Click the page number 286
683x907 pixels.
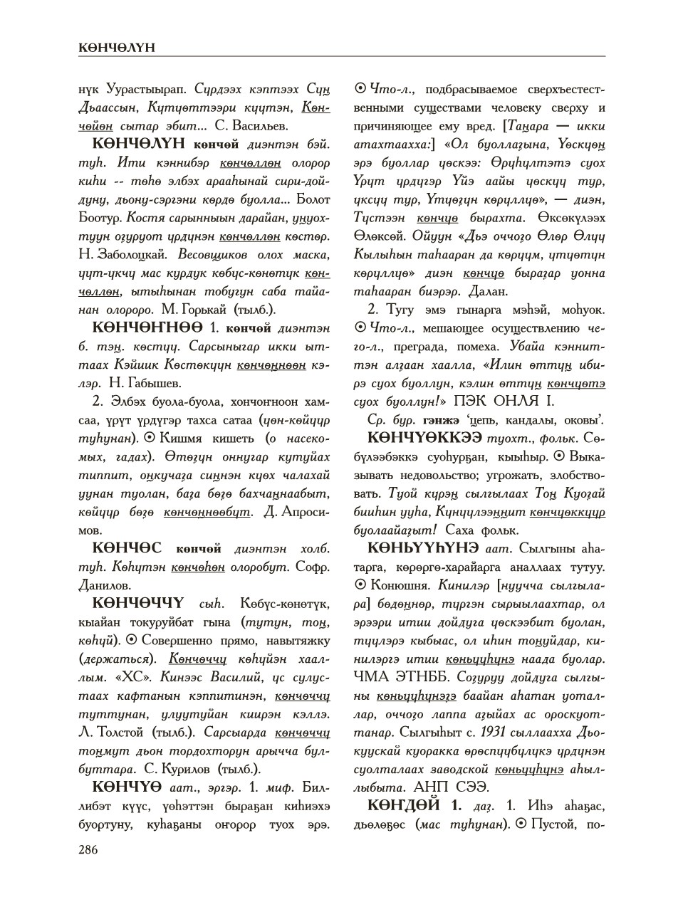point(88,849)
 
